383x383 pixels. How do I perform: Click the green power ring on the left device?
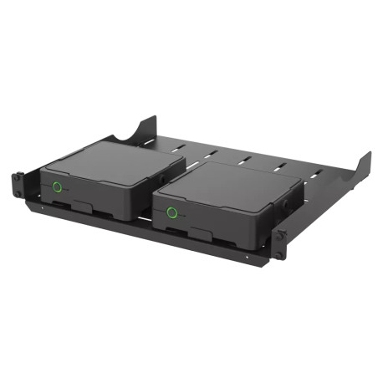point(58,186)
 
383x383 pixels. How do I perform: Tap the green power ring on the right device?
point(172,212)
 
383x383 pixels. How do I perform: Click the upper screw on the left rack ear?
point(18,177)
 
